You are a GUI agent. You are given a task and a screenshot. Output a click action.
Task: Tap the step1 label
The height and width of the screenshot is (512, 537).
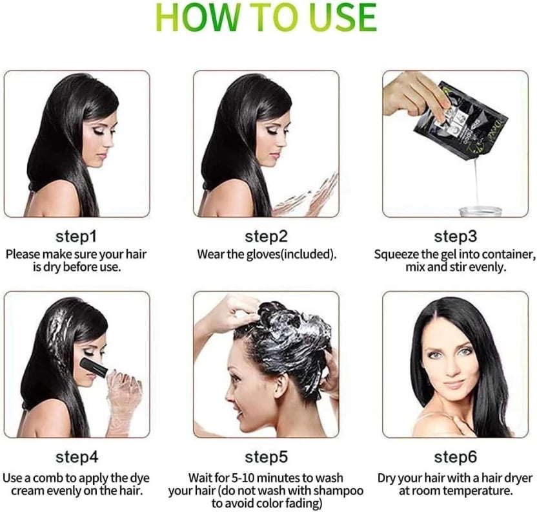pos(76,237)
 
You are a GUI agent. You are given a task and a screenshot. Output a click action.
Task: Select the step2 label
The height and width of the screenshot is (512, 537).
pos(266,237)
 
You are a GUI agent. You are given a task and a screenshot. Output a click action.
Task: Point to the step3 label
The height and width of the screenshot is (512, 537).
pos(456,237)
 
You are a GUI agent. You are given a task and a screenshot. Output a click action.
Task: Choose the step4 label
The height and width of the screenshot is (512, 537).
pos(77,457)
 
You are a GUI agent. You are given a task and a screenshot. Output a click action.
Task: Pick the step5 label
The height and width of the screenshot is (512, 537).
pos(266,457)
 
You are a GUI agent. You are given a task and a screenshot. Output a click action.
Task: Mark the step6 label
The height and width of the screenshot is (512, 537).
pos(456,457)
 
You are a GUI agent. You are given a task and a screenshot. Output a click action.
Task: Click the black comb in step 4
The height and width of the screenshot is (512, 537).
pos(94,367)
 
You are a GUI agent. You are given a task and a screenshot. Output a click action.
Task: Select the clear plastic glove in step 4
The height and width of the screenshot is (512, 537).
pos(123,401)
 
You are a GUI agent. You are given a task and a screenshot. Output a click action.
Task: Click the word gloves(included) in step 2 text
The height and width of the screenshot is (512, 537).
pos(292,255)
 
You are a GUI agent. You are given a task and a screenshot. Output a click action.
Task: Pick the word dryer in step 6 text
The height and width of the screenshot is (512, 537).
pos(516,478)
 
